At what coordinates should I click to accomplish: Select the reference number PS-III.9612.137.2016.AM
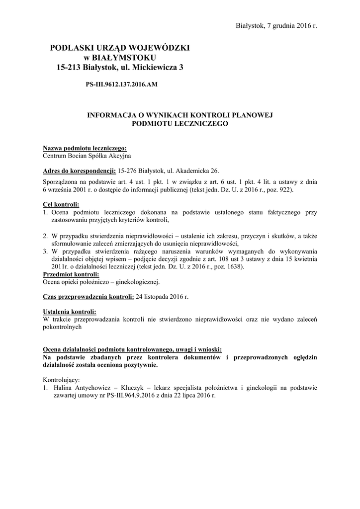coord(122,85)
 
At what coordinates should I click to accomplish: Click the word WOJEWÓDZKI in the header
coord(161,48)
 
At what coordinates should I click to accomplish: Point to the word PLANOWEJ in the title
coord(252,115)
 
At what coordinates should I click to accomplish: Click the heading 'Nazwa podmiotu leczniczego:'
coord(85,148)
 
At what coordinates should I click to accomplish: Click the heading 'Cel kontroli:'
coord(61,205)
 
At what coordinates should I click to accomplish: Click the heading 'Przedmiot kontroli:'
coord(71,274)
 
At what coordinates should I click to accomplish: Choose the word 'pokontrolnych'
coord(62,327)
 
